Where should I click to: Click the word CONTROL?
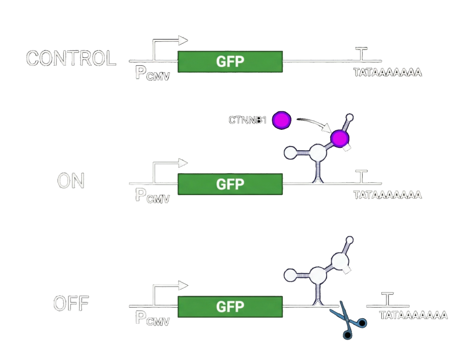(71, 59)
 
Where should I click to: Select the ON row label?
(71, 181)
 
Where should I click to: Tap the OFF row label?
(71, 304)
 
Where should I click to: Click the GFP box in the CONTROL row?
(230, 61)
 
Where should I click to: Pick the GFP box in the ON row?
(230, 184)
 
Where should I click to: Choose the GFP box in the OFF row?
(230, 306)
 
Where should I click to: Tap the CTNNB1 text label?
(248, 119)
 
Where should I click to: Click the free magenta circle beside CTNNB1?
(281, 119)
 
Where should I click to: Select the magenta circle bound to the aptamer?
(340, 138)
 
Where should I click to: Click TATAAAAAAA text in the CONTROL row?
(387, 73)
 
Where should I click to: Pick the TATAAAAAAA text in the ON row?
(387, 195)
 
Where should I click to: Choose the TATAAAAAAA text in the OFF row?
(413, 315)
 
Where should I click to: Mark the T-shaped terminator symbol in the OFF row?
(388, 299)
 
